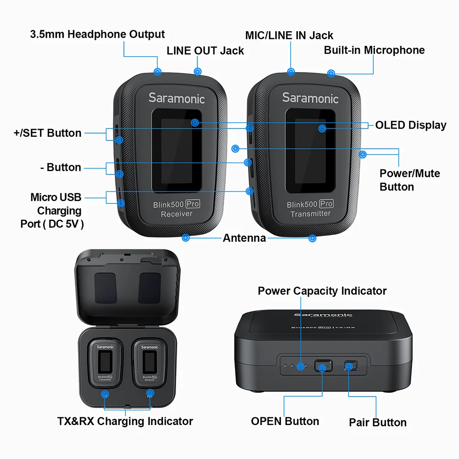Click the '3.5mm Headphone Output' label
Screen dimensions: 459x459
[x=97, y=34]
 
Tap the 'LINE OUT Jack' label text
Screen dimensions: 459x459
[x=205, y=50]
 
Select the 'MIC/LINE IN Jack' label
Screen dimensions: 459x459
[x=289, y=35]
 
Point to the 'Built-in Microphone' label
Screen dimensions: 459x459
[x=374, y=50]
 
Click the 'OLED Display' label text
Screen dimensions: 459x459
[x=410, y=125]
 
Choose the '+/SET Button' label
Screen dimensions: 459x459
[x=47, y=133]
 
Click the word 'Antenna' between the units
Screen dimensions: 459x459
[x=244, y=238]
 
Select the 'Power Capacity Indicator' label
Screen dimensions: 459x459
[x=322, y=291]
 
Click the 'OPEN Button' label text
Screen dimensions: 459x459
[x=285, y=421]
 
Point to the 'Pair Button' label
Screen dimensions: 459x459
[x=377, y=422]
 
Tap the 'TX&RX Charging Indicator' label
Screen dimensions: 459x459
[x=125, y=421]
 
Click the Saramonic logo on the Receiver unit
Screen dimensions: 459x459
[x=177, y=98]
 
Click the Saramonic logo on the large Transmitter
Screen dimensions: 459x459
[x=310, y=98]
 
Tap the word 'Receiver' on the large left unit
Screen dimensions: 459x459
[x=177, y=214]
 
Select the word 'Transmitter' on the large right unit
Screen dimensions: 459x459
[x=310, y=213]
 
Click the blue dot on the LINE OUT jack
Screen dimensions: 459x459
[x=198, y=72]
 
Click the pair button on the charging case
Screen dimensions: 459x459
[x=351, y=366]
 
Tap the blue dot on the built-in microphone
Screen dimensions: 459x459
[x=331, y=73]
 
